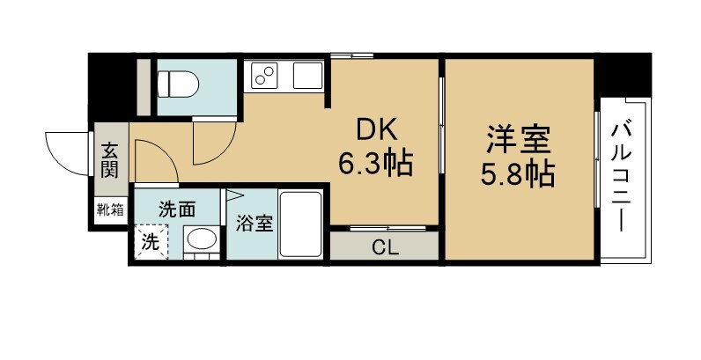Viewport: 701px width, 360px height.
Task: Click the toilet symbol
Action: coord(179,84)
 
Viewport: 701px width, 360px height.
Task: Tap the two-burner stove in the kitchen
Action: coord(264,76)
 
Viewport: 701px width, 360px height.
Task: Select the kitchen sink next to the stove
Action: coord(307,76)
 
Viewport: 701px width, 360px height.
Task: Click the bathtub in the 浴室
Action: coord(300,224)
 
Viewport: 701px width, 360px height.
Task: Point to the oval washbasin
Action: coord(201,239)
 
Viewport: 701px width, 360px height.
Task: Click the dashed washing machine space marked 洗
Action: coord(151,242)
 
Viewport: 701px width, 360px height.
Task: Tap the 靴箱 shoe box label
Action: coord(110,209)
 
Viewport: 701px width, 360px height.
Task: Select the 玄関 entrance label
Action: coord(108,160)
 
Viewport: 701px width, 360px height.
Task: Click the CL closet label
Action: coord(385,249)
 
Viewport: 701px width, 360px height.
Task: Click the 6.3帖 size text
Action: coord(375,164)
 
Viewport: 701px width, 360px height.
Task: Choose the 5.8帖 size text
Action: coord(518,173)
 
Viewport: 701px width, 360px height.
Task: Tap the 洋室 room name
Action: coord(518,140)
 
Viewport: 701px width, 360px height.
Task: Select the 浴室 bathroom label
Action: coord(255,224)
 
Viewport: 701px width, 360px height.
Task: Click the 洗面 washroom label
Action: coord(177,209)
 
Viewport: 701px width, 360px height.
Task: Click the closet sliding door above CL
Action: coord(387,228)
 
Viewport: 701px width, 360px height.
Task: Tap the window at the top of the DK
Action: coord(352,55)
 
